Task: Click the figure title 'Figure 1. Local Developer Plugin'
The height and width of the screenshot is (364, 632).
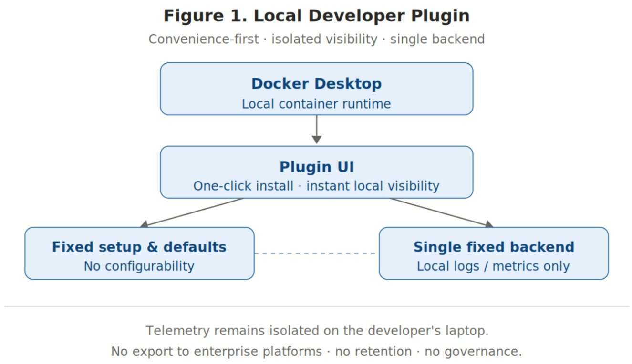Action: tap(316, 16)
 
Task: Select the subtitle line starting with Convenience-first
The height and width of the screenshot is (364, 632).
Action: tap(316, 39)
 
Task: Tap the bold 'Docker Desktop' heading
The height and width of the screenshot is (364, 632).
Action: tap(316, 84)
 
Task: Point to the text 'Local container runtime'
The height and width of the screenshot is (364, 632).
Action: tap(316, 104)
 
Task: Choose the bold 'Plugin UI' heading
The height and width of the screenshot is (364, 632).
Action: tap(316, 167)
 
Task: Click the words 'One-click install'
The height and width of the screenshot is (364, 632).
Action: tap(243, 186)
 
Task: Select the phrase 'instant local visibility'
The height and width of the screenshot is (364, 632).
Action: tap(373, 186)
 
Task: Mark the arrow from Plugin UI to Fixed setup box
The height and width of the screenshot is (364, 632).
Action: tap(191, 212)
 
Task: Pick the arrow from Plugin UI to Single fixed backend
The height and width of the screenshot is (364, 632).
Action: tap(442, 212)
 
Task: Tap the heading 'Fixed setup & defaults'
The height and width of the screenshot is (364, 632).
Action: tap(139, 247)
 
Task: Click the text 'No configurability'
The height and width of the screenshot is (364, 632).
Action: tap(139, 266)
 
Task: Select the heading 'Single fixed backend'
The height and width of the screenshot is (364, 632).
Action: tap(494, 247)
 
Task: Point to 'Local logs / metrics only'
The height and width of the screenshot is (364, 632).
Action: tap(493, 266)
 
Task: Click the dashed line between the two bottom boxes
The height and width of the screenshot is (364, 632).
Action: tap(316, 253)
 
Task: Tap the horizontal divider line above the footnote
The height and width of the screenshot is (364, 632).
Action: tap(316, 306)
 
